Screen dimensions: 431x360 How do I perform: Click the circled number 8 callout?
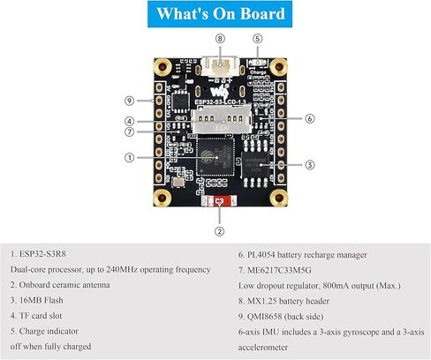(x=220, y=39)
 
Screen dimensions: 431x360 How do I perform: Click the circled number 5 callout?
(x=257, y=39)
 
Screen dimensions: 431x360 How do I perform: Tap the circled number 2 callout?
(x=219, y=231)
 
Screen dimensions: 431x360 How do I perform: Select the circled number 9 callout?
(x=129, y=101)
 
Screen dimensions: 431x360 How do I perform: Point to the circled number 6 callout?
(x=309, y=119)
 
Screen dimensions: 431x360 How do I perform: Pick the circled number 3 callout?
(x=309, y=165)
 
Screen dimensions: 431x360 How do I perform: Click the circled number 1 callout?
(x=129, y=158)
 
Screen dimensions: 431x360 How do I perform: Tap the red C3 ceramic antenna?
(x=219, y=201)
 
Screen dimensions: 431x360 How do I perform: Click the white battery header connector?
(x=219, y=66)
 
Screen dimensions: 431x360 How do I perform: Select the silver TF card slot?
(x=222, y=119)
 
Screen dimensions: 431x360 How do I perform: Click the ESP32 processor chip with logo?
(x=215, y=157)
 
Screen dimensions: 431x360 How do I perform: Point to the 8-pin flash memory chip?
(x=255, y=164)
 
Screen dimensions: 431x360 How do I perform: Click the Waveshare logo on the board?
(x=220, y=91)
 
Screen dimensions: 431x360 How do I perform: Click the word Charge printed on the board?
(x=258, y=72)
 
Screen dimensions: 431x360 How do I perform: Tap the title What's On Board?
(x=221, y=13)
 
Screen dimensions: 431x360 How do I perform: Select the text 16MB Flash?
(x=42, y=300)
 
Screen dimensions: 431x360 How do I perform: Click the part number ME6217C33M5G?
(x=279, y=270)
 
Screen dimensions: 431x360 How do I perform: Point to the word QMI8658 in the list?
(x=264, y=317)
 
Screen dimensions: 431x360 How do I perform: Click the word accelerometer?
(x=263, y=348)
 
